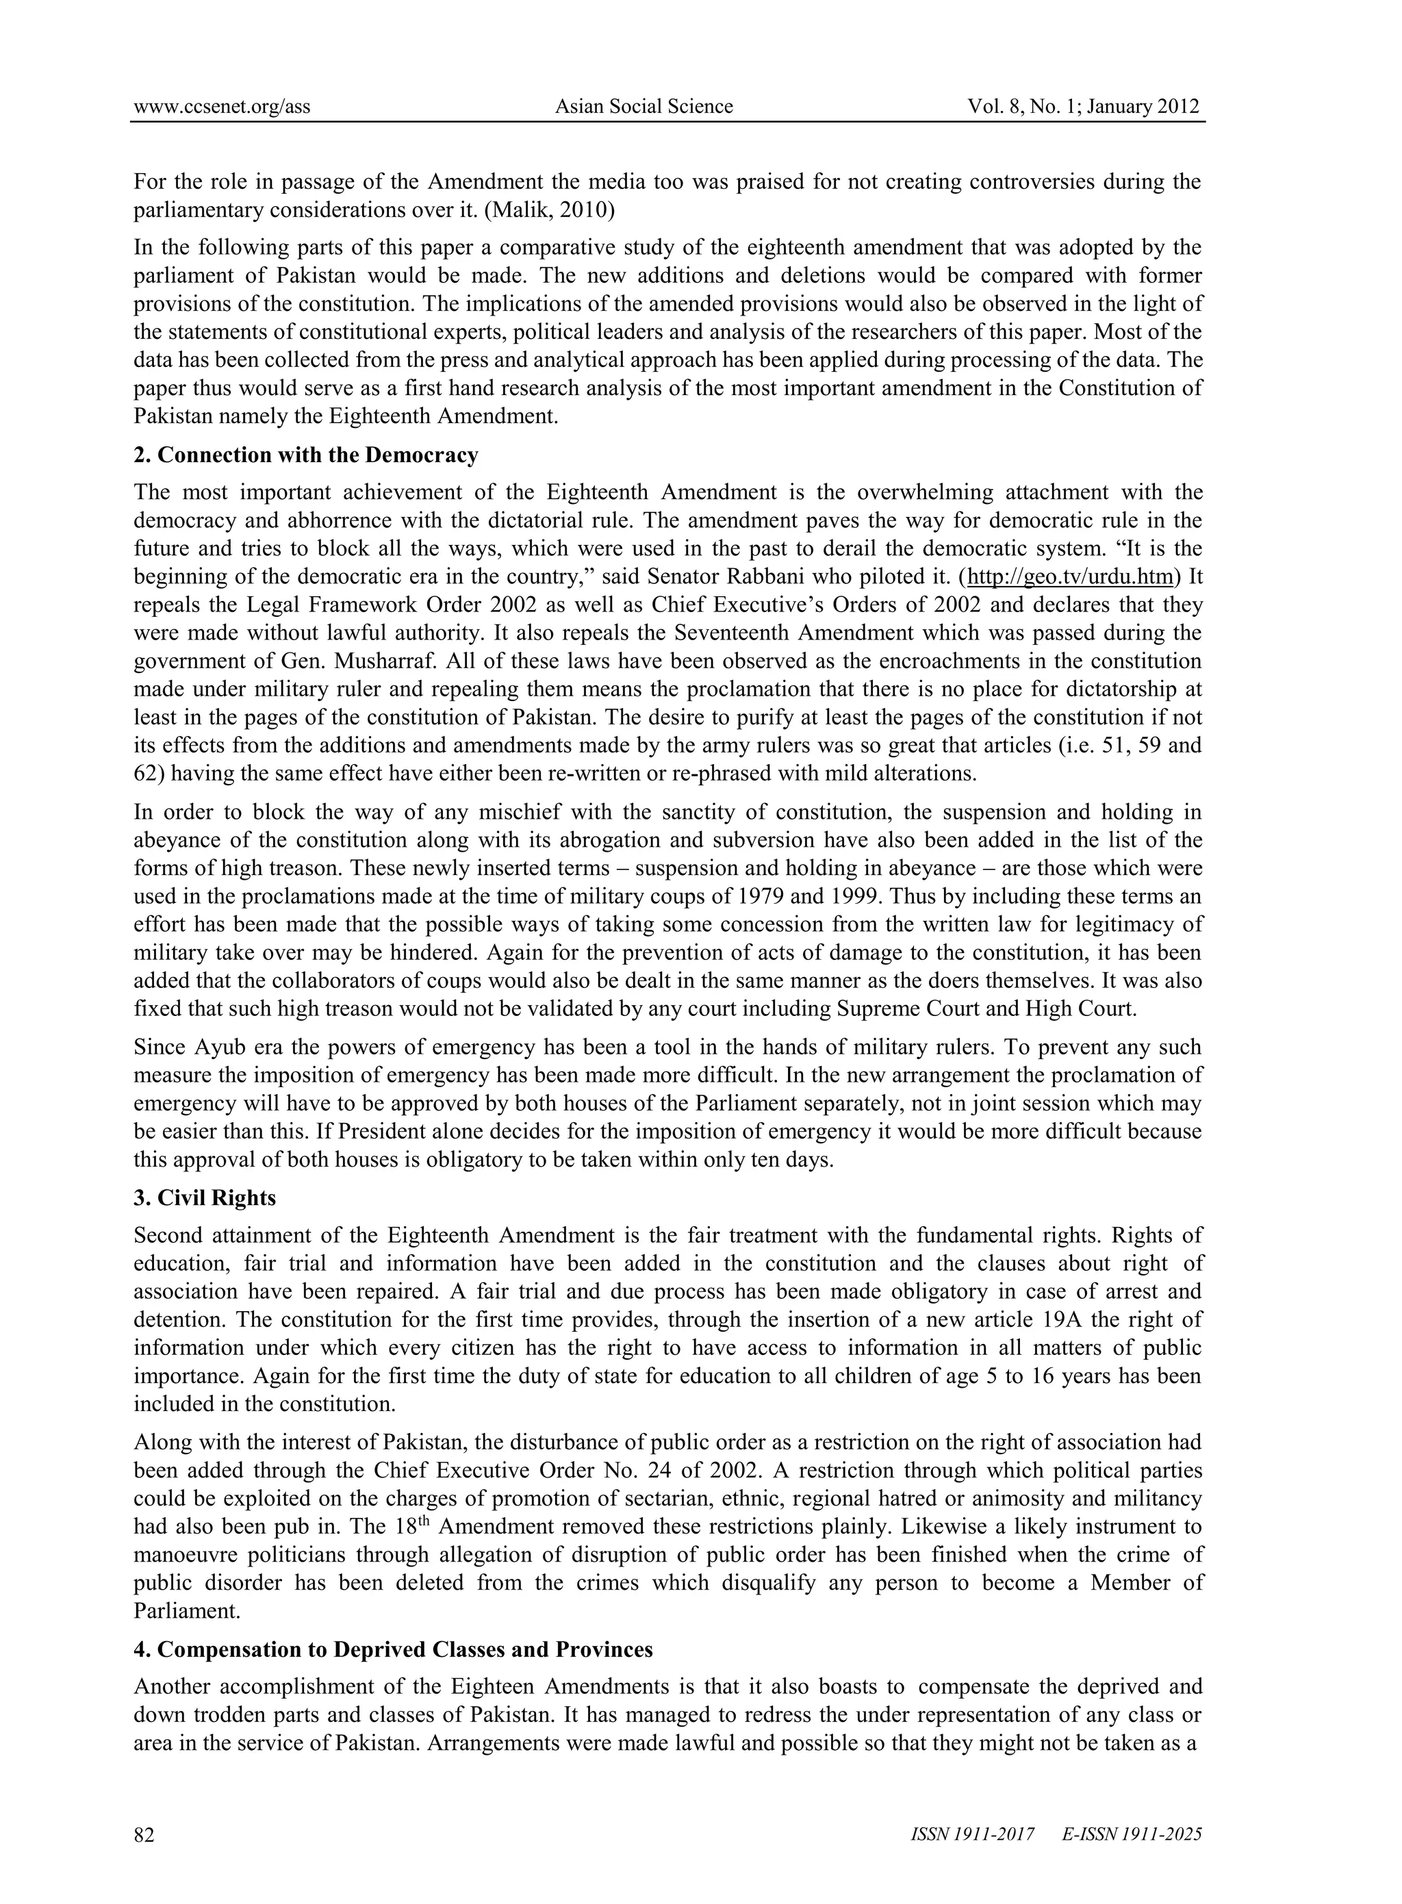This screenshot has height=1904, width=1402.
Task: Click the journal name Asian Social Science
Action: click(x=643, y=107)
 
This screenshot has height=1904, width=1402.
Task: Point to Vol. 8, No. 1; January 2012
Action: click(x=1084, y=107)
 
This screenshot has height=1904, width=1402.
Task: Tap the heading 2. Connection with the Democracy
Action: click(x=305, y=456)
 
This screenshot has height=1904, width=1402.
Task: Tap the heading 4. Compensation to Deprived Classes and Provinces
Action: click(x=393, y=1650)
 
